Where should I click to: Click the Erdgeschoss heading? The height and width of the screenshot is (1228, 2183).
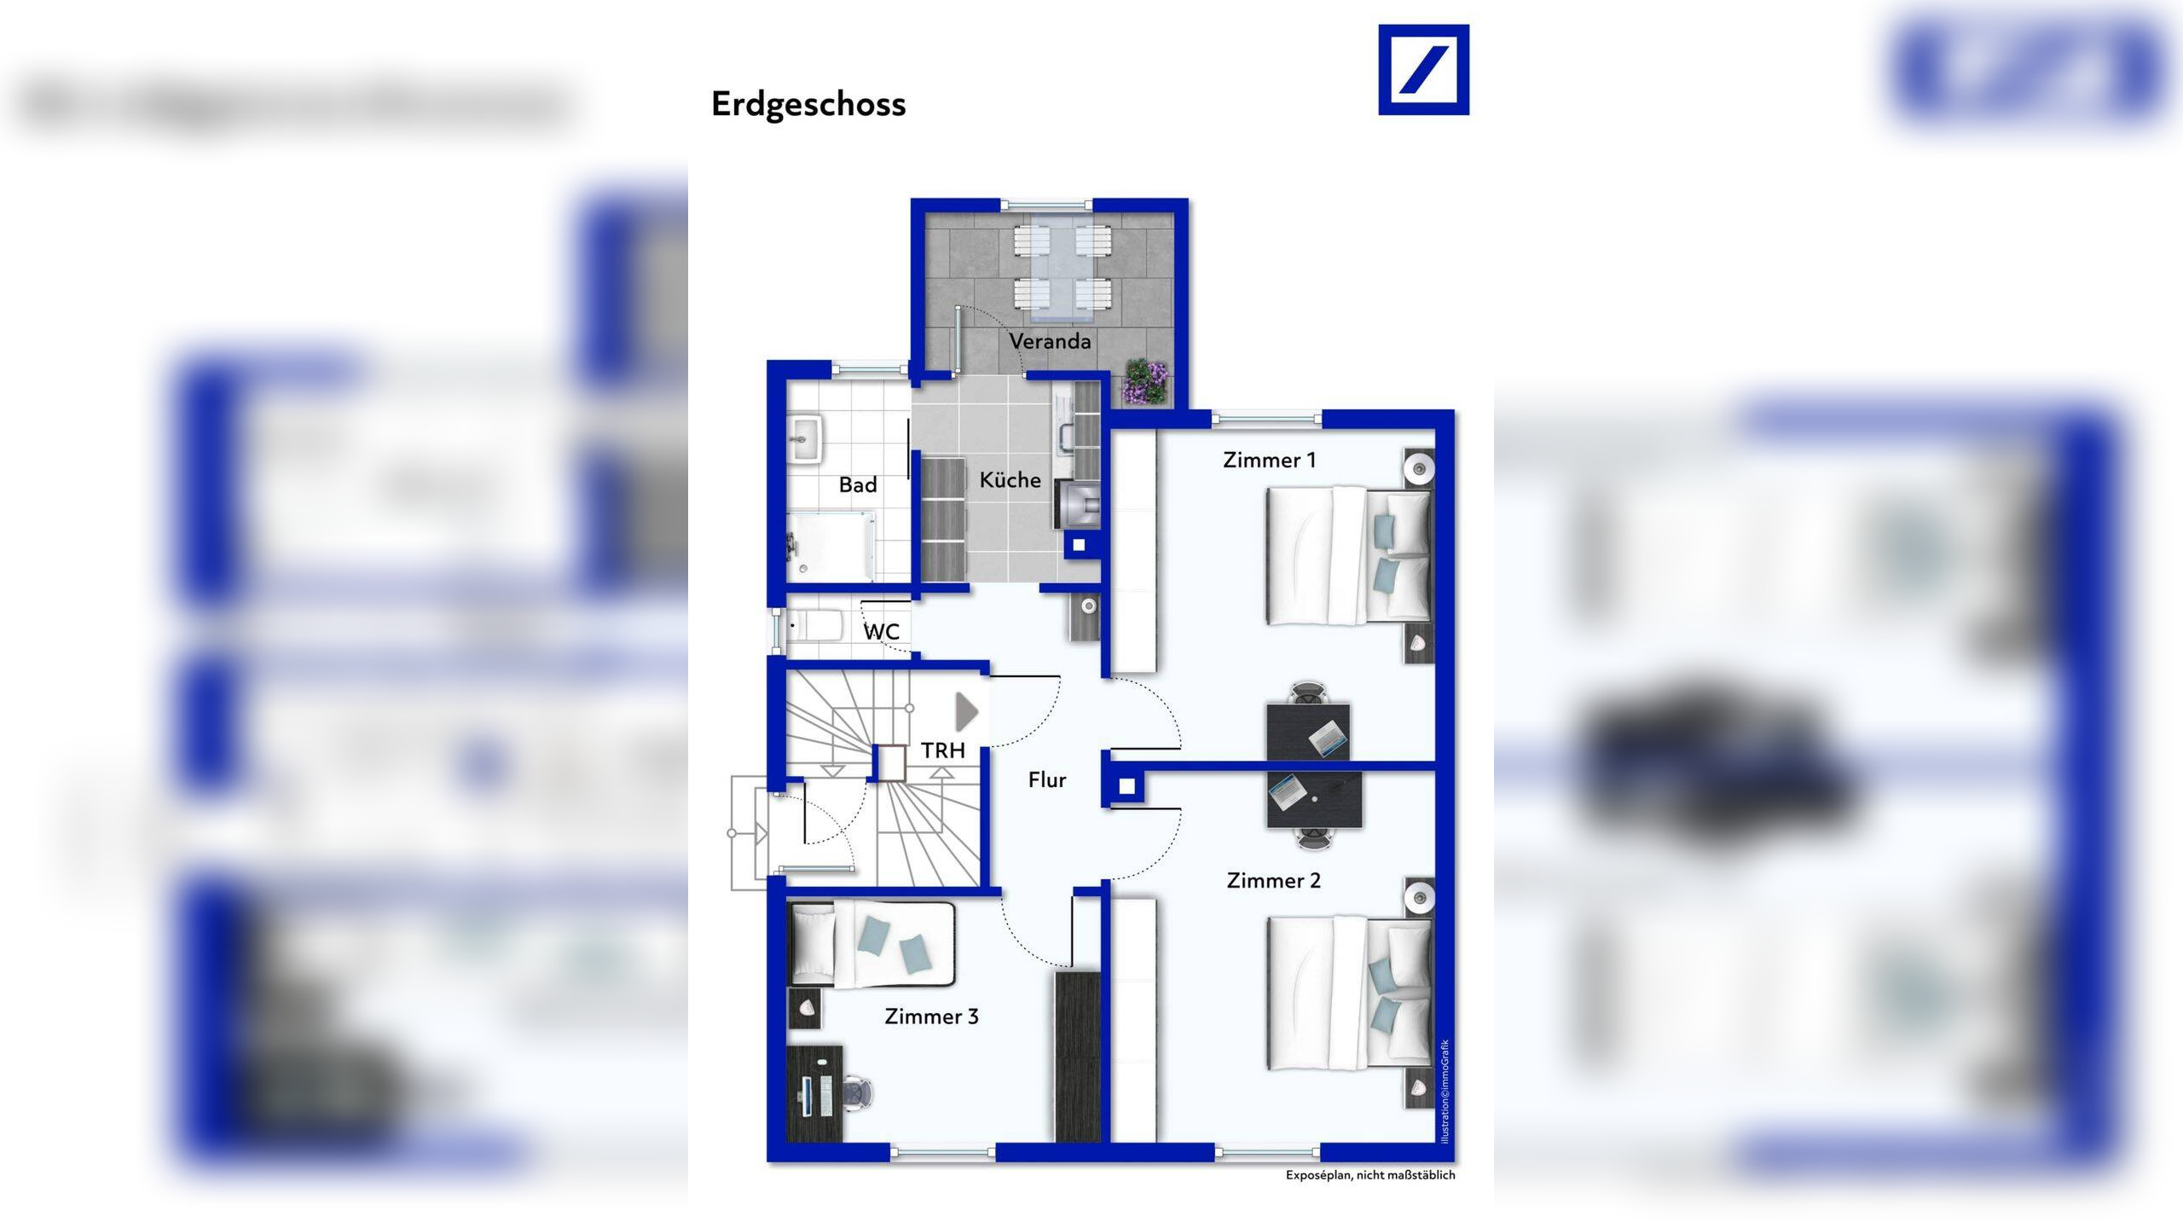click(x=808, y=105)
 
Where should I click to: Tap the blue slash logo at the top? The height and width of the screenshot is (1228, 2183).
click(x=1423, y=70)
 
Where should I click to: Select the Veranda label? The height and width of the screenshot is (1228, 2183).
click(x=1050, y=341)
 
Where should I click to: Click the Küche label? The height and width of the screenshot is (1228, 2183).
click(x=1010, y=480)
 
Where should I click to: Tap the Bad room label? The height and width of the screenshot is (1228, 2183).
click(x=858, y=485)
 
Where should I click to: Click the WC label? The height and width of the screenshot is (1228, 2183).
click(x=882, y=632)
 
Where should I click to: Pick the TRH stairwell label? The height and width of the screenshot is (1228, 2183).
click(x=943, y=750)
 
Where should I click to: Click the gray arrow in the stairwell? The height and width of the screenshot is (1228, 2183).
click(x=966, y=711)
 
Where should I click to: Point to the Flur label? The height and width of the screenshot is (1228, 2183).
click(x=1047, y=780)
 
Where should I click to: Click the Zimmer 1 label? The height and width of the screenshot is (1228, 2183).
click(x=1270, y=460)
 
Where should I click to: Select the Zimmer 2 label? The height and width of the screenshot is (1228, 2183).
click(x=1274, y=881)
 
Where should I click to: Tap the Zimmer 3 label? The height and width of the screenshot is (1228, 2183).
click(x=931, y=1017)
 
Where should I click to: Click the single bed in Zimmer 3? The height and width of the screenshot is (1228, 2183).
click(x=873, y=945)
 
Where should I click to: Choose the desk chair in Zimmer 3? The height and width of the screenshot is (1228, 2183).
click(x=858, y=1094)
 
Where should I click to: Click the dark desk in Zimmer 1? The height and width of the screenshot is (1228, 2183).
click(x=1308, y=731)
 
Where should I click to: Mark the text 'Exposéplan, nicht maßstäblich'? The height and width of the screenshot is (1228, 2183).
click(x=1370, y=1175)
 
